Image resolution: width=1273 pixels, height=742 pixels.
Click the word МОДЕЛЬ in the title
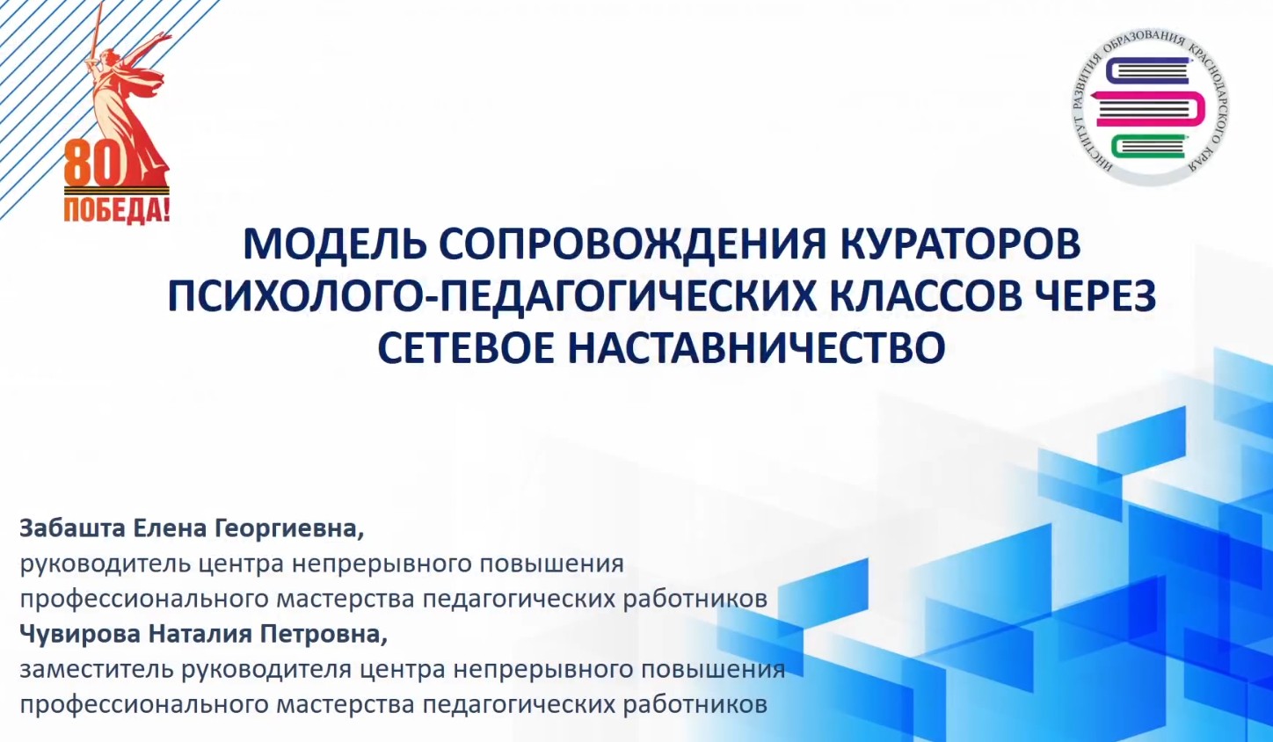(335, 244)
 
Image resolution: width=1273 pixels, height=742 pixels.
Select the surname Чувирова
(80, 634)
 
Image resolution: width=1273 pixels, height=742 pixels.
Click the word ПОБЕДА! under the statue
(117, 210)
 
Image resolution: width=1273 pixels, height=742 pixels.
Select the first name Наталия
(200, 635)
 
